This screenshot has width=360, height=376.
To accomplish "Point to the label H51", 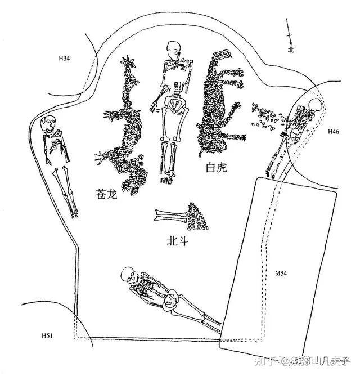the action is click(x=47, y=336).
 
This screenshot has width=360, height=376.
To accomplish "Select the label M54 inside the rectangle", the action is click(x=281, y=274).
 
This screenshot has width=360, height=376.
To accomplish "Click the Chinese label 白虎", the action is click(x=217, y=167).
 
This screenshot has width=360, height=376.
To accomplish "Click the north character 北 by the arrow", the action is click(x=291, y=50).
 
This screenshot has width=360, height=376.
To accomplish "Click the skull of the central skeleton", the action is click(x=173, y=51).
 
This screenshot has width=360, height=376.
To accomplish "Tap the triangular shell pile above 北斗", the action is click(x=197, y=217).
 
